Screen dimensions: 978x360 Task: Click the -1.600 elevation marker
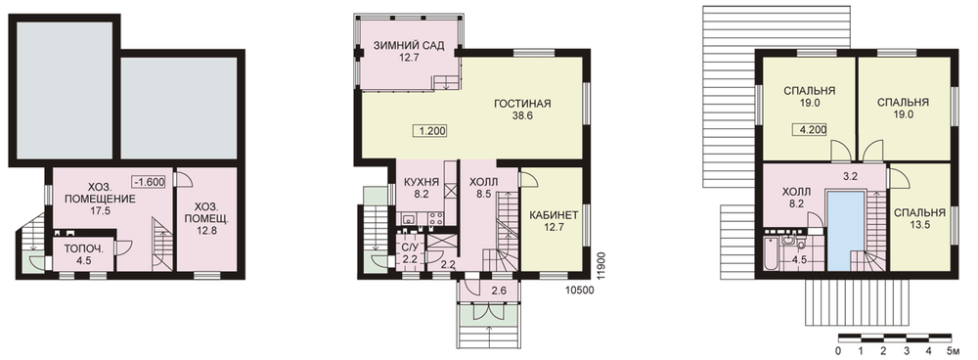point(149,182)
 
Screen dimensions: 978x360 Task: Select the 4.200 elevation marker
point(810,131)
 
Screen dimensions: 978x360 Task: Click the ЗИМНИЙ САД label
point(409,46)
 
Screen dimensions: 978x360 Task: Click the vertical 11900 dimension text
point(600,265)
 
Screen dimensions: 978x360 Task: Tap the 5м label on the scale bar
point(953,349)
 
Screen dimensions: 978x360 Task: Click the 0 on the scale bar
point(838,349)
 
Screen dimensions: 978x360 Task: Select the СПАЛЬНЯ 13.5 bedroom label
point(920,218)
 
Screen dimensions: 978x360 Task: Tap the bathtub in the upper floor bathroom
point(770,253)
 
